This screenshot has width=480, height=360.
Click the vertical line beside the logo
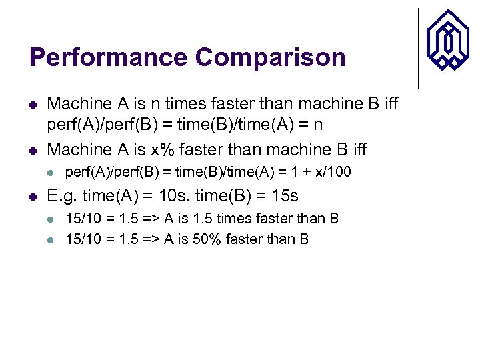(x=418, y=48)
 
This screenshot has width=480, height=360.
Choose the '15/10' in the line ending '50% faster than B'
(x=81, y=239)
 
